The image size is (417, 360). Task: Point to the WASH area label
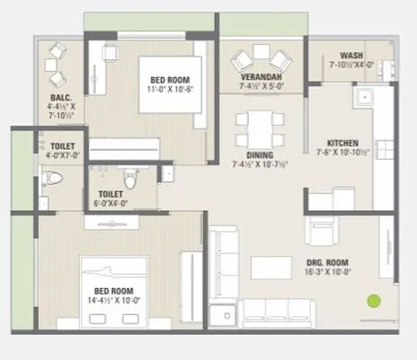coord(351,55)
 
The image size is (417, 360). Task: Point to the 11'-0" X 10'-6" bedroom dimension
coord(168,89)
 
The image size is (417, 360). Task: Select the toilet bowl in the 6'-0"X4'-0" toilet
coord(131,180)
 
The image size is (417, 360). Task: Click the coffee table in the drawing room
coord(269,268)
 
